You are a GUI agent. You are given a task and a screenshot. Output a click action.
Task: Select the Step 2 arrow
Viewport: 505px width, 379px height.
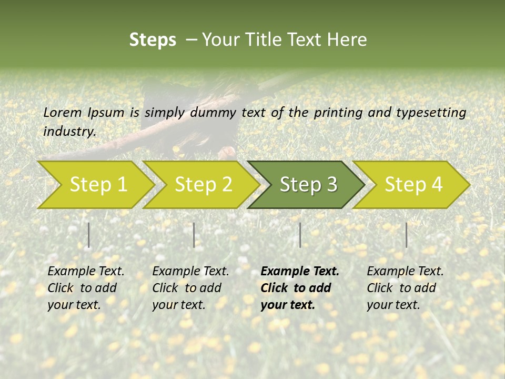203,184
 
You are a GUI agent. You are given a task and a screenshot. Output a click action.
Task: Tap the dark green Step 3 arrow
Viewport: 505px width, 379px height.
308,184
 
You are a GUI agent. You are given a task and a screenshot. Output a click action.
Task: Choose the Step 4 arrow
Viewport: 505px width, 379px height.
413,184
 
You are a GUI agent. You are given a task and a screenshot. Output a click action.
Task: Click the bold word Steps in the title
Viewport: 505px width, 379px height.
153,39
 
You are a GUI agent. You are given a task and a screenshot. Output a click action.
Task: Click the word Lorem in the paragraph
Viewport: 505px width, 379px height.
63,112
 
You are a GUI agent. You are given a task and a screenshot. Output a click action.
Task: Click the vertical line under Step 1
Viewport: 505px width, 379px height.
89,235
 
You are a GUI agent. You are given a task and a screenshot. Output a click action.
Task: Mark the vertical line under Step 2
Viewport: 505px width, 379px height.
194,235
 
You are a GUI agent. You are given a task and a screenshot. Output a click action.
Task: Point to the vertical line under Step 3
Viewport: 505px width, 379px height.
300,235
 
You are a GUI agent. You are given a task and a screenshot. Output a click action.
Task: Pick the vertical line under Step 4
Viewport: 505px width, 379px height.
406,235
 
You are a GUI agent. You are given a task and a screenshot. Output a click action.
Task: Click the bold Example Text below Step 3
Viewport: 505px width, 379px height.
300,272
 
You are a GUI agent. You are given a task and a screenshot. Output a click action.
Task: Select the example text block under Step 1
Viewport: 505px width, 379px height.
86,288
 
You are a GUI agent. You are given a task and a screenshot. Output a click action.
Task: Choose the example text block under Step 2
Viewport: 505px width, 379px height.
190,288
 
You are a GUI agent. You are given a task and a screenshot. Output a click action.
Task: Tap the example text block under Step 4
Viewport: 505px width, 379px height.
405,288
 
